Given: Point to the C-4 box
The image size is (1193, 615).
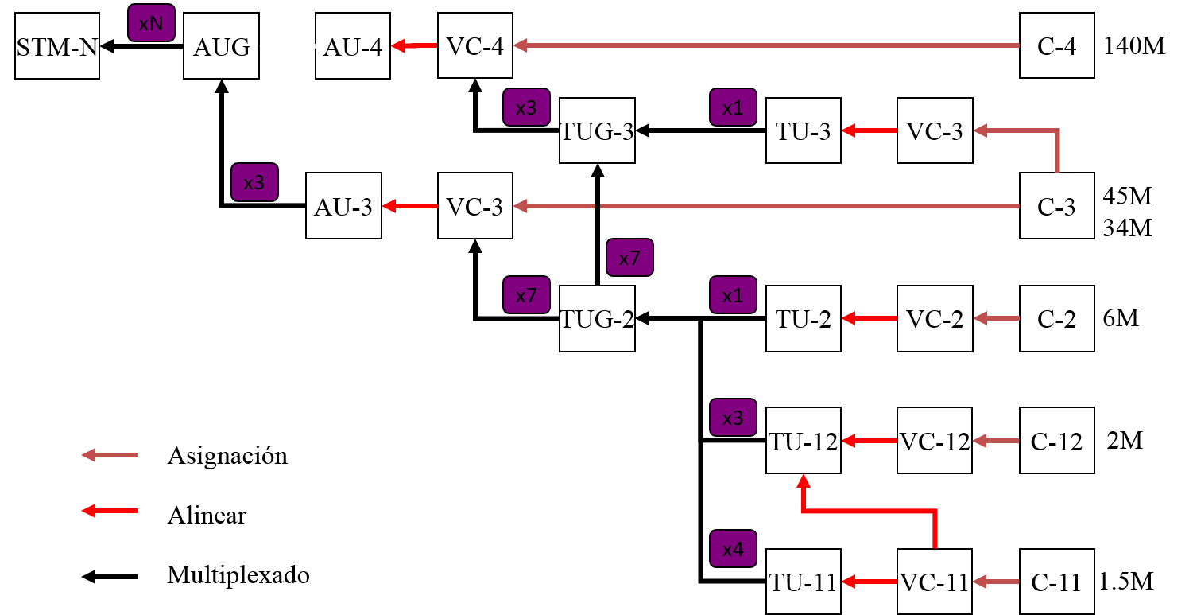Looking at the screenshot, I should (1056, 46).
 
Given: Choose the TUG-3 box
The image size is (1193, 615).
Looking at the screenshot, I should (597, 130).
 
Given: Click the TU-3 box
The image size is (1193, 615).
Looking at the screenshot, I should (803, 130).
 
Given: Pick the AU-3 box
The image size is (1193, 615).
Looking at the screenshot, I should (343, 207).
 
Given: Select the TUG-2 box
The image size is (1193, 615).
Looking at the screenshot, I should (597, 319).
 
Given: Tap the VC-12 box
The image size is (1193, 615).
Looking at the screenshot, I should (935, 441).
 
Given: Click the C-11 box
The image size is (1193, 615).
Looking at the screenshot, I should (1056, 582).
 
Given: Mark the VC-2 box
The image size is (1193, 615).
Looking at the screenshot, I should (935, 319).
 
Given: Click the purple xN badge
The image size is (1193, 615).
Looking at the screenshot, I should (151, 24).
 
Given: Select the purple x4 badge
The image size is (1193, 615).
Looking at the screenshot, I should (733, 549).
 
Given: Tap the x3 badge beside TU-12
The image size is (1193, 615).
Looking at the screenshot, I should (733, 418).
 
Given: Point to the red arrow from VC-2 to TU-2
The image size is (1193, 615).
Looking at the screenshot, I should (869, 319).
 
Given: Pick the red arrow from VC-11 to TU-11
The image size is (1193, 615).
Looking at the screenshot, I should (869, 582).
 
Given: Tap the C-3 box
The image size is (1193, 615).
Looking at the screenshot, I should (1056, 206).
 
